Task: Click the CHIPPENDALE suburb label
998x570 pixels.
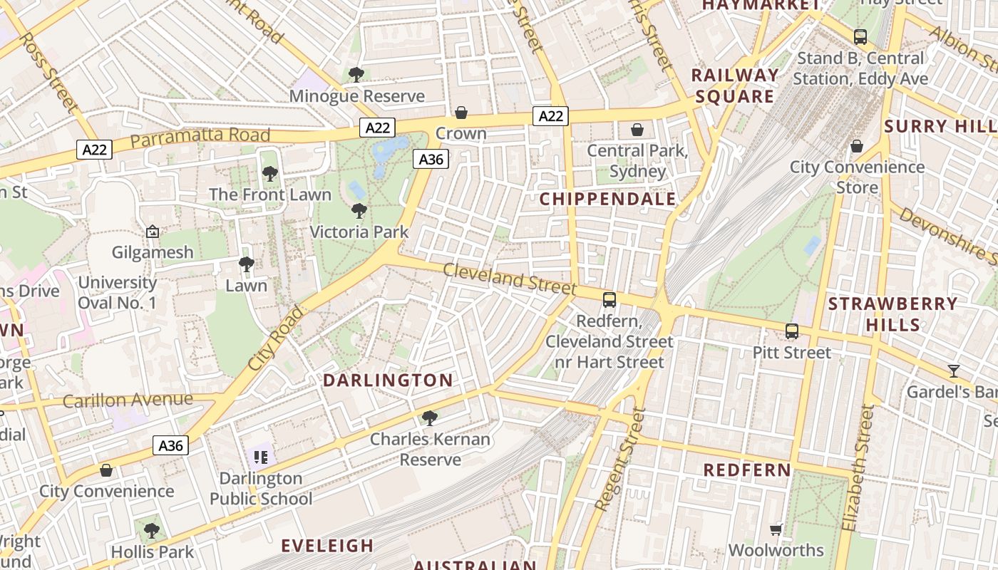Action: click(607, 199)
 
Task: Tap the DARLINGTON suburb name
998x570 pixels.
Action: click(388, 380)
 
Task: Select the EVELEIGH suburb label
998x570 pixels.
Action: click(327, 546)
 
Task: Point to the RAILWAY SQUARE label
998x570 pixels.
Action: click(734, 85)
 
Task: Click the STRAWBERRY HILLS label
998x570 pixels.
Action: click(892, 314)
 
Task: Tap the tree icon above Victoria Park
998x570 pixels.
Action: click(359, 211)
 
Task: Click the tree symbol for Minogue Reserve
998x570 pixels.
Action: click(356, 74)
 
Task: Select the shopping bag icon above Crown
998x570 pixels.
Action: click(461, 113)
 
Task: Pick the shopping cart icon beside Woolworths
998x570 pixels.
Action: click(776, 529)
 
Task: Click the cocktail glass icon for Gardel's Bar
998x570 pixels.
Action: click(953, 370)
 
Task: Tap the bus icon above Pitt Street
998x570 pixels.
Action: click(792, 331)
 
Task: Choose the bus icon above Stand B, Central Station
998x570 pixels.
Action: click(860, 37)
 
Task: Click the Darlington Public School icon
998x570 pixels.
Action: click(261, 457)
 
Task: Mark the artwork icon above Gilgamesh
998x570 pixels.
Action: click(152, 232)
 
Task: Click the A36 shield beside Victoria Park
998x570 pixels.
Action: click(431, 159)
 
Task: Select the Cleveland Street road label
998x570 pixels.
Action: click(509, 279)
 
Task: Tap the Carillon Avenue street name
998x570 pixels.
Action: click(128, 400)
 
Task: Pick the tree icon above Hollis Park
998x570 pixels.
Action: click(151, 530)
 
